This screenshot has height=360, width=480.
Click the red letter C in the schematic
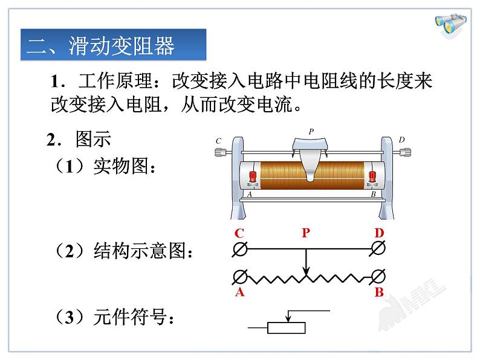239,233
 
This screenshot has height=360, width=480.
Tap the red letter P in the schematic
305,233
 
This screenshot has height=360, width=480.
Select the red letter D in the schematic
379,233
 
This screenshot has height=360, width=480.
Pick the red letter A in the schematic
239,293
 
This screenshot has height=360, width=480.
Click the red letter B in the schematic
379,293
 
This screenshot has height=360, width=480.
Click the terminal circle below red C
239,248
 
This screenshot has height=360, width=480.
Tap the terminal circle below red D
379,248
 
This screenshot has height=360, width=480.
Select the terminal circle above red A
239,277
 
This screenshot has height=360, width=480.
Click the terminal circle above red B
379,277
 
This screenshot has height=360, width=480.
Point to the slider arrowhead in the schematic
306,271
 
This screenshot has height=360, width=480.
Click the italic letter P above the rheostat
311,130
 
